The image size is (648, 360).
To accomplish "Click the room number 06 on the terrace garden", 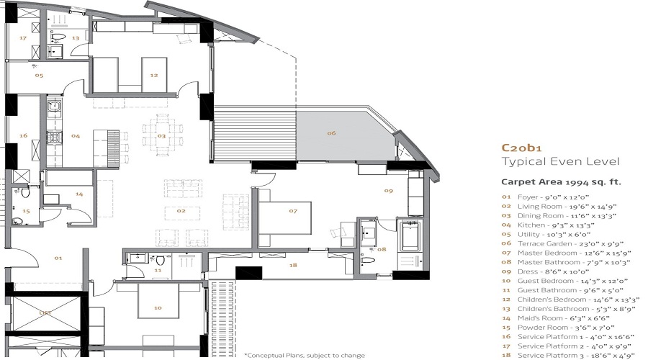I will coord(332,132).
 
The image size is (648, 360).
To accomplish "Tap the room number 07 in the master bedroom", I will coord(293,211).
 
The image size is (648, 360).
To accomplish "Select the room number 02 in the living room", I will coord(182,212).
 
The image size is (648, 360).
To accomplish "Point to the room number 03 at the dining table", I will coord(162,135).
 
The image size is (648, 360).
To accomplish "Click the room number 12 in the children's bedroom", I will coord(153,75).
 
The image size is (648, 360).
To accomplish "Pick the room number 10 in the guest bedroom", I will coord(158,307).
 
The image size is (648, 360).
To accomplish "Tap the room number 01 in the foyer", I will coord(58,258).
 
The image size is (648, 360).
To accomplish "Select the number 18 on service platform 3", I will coord(292,266).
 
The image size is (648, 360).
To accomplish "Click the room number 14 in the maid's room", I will coord(79,194).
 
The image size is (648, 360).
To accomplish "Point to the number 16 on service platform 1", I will coord(23,135).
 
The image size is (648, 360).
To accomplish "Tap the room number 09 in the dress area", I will coord(388,191).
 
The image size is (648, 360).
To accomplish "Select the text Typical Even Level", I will coord(560,161).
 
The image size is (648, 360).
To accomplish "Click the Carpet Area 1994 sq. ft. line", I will coord(561,182).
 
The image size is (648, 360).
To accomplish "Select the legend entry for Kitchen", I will coord(546,225).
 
